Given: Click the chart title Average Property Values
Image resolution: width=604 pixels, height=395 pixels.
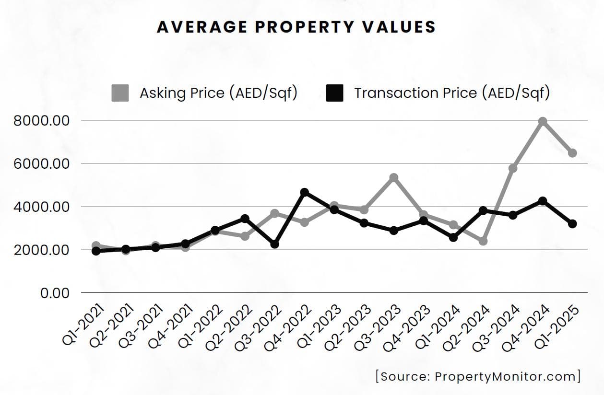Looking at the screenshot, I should pyautogui.click(x=296, y=27).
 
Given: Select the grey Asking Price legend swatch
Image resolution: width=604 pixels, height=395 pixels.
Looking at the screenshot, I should pyautogui.click(x=120, y=93).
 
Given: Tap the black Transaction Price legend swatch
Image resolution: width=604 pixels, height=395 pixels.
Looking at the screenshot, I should pyautogui.click(x=334, y=93).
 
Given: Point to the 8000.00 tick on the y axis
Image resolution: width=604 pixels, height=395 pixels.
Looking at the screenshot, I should pyautogui.click(x=42, y=121).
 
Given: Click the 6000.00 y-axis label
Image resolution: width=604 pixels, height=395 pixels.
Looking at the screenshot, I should pyautogui.click(x=42, y=164).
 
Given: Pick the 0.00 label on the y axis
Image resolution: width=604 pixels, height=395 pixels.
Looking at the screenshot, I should pyautogui.click(x=55, y=293).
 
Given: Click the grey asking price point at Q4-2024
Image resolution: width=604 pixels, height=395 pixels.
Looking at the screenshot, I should pyautogui.click(x=543, y=122).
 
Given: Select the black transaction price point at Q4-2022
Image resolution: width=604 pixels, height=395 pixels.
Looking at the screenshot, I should pyautogui.click(x=304, y=192).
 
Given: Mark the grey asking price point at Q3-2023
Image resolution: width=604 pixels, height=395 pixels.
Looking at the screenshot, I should pyautogui.click(x=394, y=178).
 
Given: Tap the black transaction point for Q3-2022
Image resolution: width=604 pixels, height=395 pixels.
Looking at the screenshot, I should pyautogui.click(x=274, y=244).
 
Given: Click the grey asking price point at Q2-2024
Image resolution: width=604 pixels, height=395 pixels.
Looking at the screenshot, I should pyautogui.click(x=483, y=241).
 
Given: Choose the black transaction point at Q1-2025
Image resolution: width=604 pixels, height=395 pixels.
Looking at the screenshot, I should pyautogui.click(x=572, y=224).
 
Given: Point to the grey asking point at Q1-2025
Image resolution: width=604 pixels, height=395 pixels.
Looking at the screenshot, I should pyautogui.click(x=572, y=153).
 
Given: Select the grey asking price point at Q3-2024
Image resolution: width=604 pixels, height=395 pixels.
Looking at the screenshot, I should pyautogui.click(x=513, y=168).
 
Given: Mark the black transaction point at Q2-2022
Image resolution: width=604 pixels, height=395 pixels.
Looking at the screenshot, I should pyautogui.click(x=245, y=219).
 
